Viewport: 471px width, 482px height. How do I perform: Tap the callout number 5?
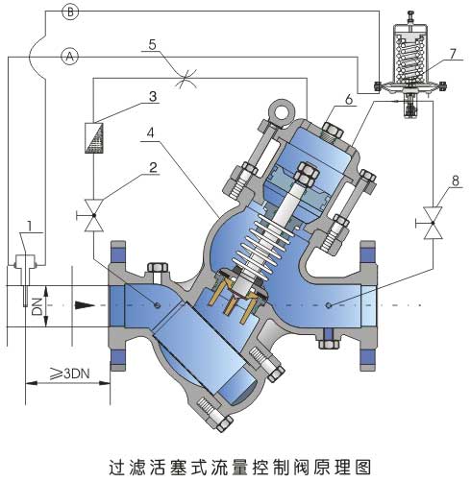click(x=152, y=45)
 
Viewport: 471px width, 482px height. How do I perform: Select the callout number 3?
click(x=153, y=97)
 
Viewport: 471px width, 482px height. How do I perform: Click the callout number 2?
click(x=151, y=166)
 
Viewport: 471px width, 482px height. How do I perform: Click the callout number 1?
click(x=32, y=227)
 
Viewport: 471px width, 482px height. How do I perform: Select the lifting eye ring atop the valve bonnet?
click(x=281, y=112)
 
